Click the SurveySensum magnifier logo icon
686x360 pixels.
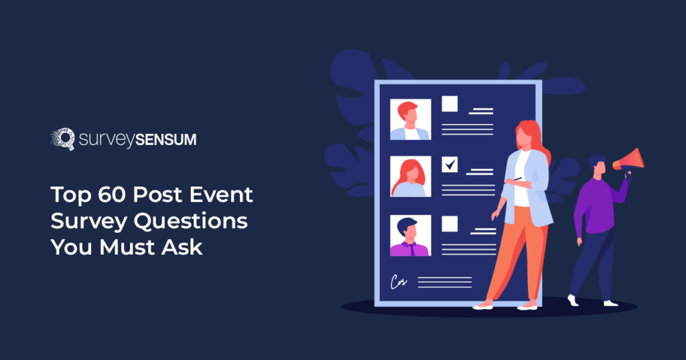pyautogui.click(x=63, y=139)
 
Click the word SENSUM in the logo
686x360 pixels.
pyautogui.click(x=165, y=140)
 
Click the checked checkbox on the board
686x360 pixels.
pyautogui.click(x=450, y=164)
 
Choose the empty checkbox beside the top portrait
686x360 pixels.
pyautogui.click(x=450, y=104)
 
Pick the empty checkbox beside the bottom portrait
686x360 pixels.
pyautogui.click(x=450, y=223)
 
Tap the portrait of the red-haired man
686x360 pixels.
pyautogui.click(x=410, y=120)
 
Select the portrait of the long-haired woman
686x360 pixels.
pyautogui.click(x=410, y=178)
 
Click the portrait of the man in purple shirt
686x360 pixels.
pyautogui.click(x=410, y=236)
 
